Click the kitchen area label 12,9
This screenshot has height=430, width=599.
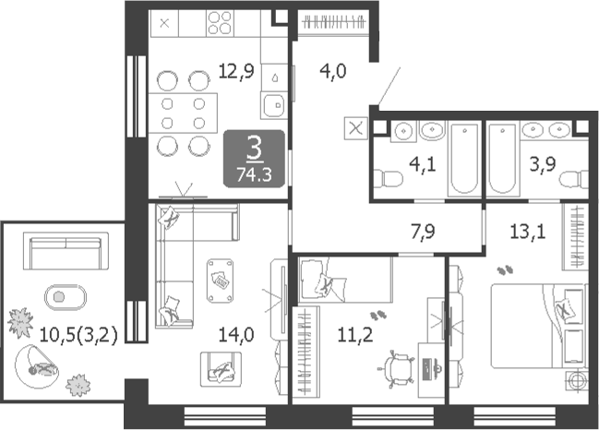tap(236, 71)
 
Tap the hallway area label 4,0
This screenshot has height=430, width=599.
tap(333, 71)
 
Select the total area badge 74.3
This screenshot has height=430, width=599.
tap(254, 174)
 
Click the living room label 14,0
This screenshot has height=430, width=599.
tap(236, 335)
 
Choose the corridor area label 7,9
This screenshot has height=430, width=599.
tap(423, 232)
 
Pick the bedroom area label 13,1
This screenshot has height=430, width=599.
tap(528, 232)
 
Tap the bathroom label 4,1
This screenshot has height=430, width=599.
tap(423, 165)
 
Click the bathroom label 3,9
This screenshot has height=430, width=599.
tap(543, 164)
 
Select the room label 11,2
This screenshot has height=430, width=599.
tap(355, 335)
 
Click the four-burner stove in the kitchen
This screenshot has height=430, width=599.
tap(220, 23)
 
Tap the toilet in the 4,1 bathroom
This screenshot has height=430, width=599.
tap(389, 179)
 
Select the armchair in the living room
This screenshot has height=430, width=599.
tap(222, 369)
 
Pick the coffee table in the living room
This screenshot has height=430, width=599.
tap(220, 281)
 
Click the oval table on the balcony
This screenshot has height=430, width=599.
tap(66, 297)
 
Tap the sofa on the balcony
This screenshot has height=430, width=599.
tap(66, 251)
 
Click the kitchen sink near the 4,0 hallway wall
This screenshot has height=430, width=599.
tap(274, 105)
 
